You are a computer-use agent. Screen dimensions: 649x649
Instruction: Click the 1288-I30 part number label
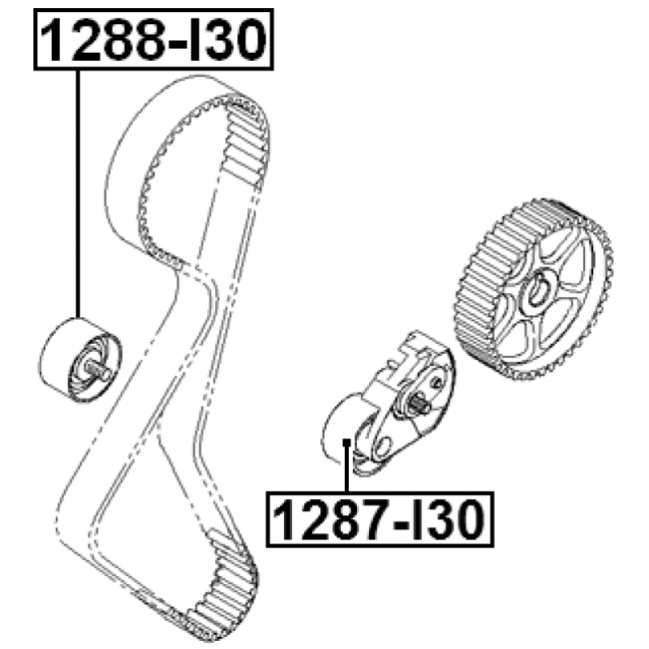pos(153,40)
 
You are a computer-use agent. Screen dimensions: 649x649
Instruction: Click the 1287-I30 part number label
pos(380,519)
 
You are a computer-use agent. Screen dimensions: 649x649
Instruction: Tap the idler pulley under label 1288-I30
pos(80,359)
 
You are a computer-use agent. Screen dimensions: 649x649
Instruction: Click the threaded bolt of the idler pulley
pos(99,372)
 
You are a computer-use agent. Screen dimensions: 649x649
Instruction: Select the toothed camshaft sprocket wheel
pos(534,290)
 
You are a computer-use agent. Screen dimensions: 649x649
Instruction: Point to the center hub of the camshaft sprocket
pos(539,290)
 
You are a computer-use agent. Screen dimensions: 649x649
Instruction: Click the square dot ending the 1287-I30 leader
pos(347,443)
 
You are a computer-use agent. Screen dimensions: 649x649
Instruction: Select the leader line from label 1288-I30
pos(77,194)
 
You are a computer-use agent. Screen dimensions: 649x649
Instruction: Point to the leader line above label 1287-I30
pos(347,468)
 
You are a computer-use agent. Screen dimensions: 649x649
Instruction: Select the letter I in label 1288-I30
pos(197,40)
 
